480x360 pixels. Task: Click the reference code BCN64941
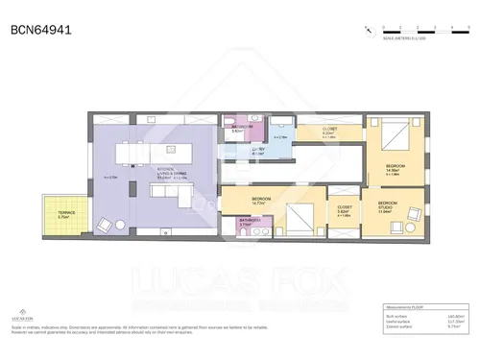[40, 30]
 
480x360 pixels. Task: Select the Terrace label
[64, 215]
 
